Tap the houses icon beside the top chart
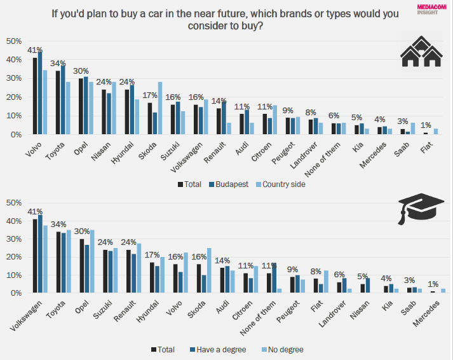[421, 52]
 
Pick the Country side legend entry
[280, 184]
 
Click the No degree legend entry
[283, 349]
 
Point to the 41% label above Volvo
[35, 50]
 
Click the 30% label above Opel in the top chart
[81, 71]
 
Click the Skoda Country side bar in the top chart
[160, 108]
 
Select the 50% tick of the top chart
[14, 41]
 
